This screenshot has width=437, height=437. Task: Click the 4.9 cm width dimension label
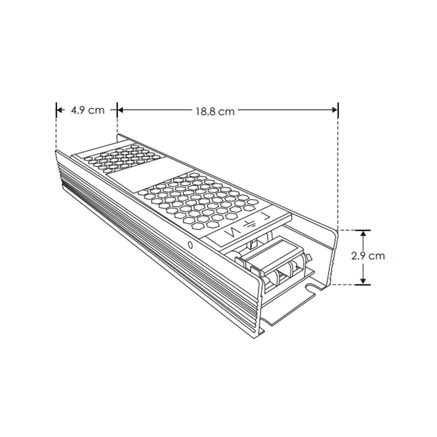87,110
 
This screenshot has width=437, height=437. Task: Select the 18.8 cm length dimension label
215,111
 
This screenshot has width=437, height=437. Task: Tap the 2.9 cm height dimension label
368,256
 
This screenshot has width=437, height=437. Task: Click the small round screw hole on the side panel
190,245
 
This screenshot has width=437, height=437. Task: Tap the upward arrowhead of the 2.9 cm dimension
363,234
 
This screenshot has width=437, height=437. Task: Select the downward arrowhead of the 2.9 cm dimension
363,280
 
